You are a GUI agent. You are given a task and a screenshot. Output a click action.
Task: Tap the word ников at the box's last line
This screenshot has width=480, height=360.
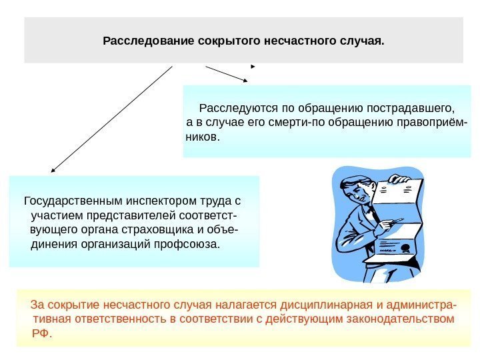point(201,137)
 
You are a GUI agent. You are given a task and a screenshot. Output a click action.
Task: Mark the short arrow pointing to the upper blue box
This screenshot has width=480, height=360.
point(227,75)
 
